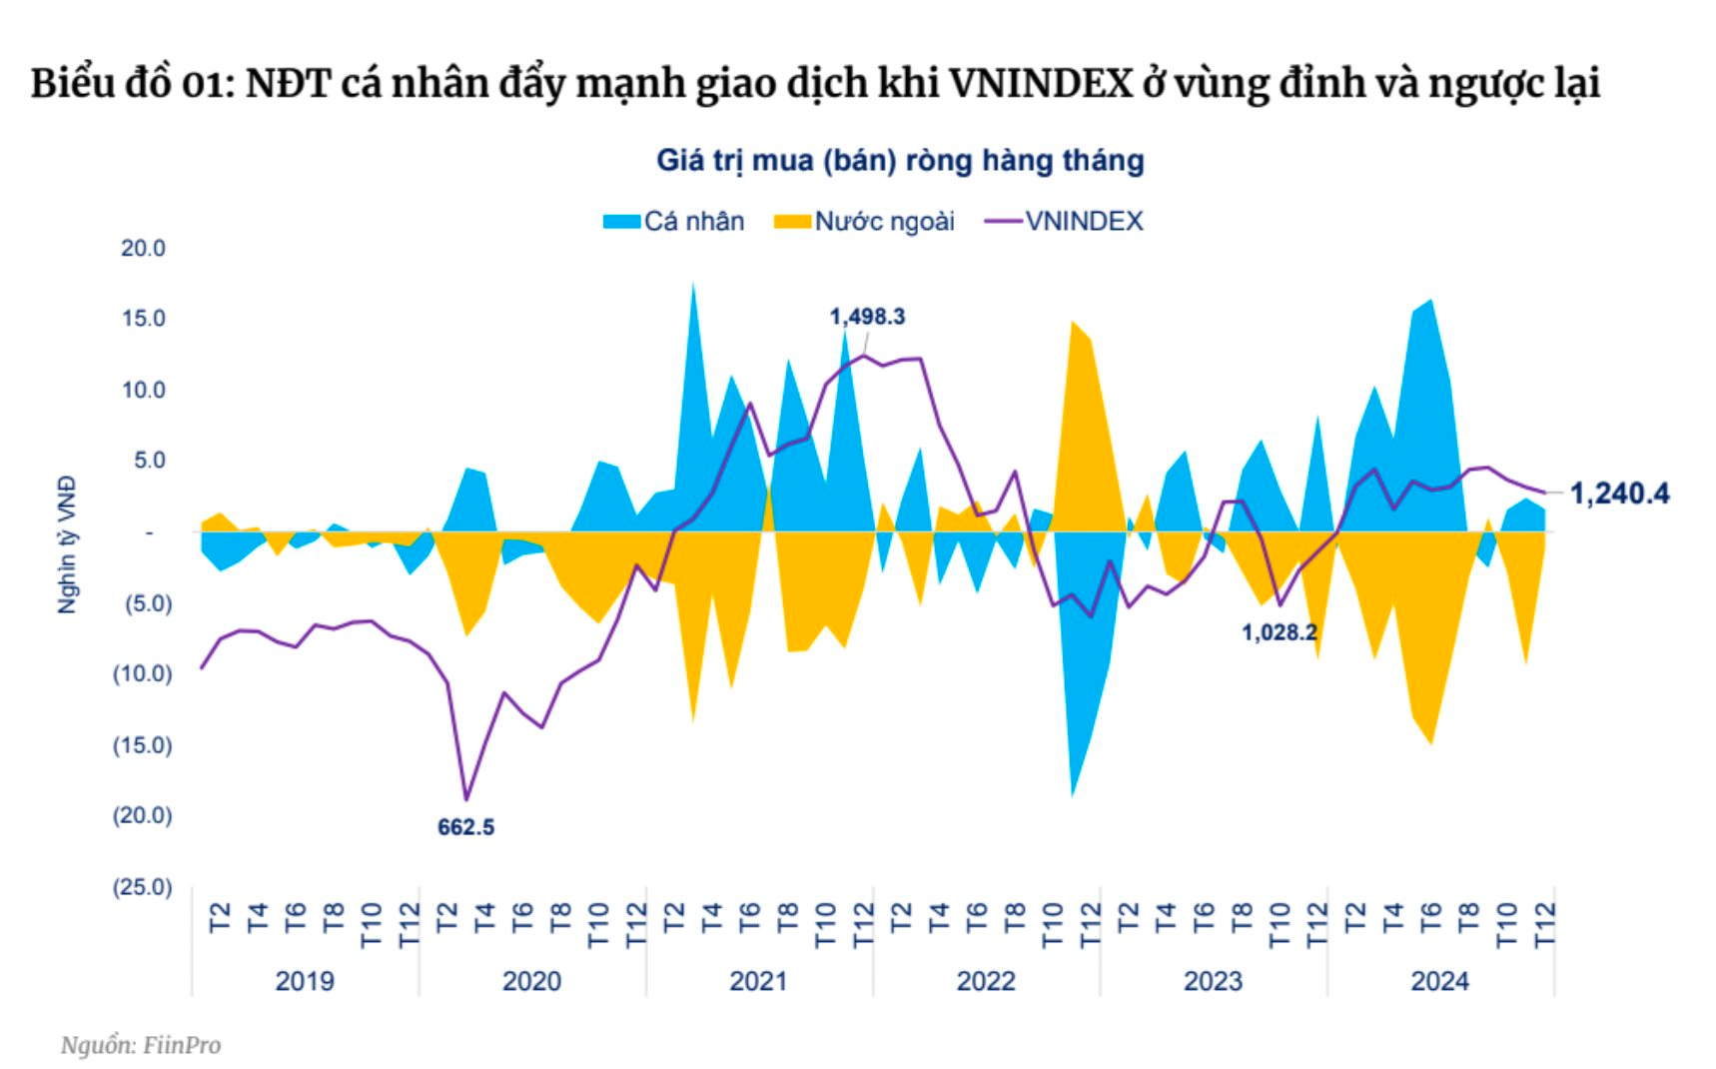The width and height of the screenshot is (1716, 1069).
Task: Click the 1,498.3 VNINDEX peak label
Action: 867,317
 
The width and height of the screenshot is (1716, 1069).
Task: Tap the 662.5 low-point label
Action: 465,827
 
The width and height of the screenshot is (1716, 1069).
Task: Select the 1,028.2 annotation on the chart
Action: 1279,632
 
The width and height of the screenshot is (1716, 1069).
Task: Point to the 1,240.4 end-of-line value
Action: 1619,494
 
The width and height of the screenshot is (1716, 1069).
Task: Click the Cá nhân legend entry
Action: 674,221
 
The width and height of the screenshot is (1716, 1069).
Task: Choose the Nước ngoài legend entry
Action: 865,221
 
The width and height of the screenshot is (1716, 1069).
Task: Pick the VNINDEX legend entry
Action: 1065,221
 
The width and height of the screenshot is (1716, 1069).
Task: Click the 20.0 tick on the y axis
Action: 143,248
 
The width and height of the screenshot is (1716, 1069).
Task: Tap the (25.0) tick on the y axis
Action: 142,887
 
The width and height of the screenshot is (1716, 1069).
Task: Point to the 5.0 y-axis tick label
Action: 148,461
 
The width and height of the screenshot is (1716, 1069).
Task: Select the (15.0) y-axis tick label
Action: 142,745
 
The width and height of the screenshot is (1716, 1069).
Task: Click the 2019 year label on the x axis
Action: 304,981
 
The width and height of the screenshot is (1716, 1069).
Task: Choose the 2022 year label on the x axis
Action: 985,981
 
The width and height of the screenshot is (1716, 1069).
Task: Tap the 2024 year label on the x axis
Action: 1439,981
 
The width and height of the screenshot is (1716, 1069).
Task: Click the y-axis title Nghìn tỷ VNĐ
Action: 66,544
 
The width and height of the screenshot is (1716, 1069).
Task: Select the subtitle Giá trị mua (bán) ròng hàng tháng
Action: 899,160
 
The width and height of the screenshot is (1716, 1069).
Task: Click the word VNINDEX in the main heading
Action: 1040,83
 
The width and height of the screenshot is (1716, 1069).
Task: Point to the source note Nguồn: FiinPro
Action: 140,1045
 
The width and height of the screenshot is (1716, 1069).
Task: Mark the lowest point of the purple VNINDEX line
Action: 465,799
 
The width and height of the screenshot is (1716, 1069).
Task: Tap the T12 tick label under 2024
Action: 1544,924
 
